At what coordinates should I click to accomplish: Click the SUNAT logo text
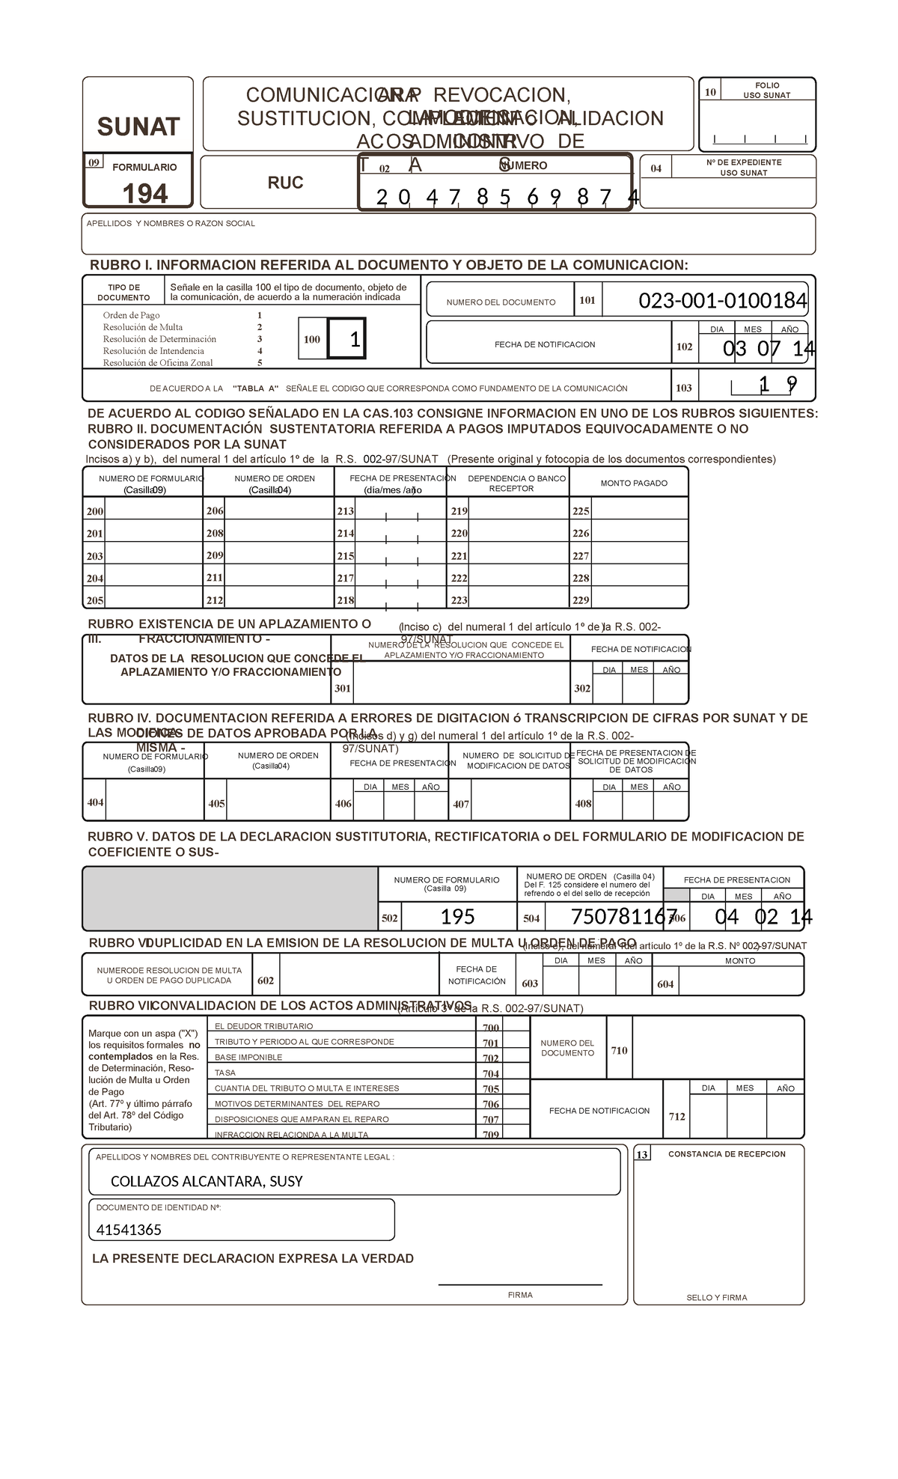(138, 127)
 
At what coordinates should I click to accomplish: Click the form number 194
(145, 195)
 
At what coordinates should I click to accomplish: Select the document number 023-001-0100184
(722, 301)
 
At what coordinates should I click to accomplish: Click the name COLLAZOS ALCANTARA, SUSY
(207, 1182)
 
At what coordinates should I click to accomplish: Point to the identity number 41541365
(129, 1230)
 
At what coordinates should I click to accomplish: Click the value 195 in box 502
(457, 917)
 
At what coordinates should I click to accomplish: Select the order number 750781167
(623, 917)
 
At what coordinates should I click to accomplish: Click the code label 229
(581, 600)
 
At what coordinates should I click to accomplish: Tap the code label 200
(95, 511)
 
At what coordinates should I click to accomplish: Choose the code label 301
(343, 689)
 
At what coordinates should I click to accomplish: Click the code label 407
(461, 804)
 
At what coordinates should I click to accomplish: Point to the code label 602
(266, 981)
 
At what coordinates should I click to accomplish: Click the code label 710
(619, 1051)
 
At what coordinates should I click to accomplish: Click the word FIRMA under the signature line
(520, 1295)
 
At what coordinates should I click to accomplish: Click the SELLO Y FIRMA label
(717, 1298)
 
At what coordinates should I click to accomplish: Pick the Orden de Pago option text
(132, 315)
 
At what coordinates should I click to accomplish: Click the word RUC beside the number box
(285, 183)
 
